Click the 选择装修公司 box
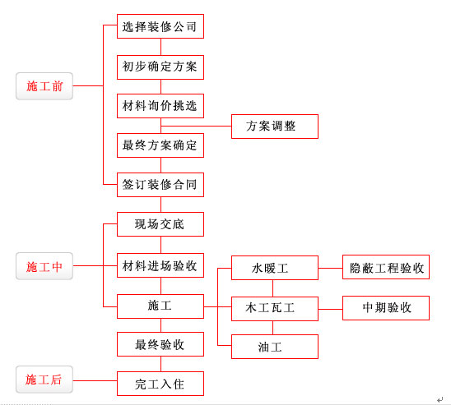160,26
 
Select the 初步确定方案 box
160,67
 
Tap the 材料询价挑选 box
160,106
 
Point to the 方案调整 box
275,127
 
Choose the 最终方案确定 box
160,145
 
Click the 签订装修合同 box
160,185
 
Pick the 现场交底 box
160,224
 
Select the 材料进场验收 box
160,265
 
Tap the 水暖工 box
275,268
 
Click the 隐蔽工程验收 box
386,267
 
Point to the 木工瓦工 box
275,309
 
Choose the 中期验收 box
386,308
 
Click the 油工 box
275,347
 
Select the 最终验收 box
160,344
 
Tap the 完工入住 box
160,384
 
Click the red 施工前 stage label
44,86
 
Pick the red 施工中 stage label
44,266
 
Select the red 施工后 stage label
44,380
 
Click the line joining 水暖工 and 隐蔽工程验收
331,268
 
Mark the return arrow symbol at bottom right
439,399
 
